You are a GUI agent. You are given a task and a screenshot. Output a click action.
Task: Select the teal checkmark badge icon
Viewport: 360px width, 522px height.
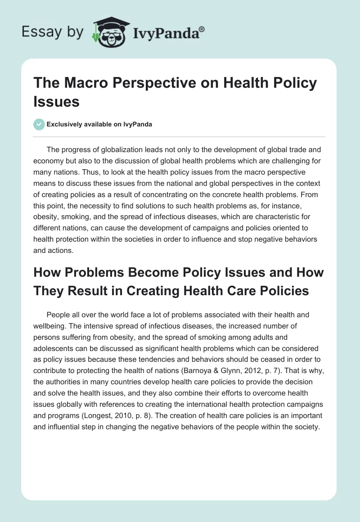(39, 124)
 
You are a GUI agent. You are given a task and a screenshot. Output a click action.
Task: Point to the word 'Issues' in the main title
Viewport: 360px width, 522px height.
(56, 101)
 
